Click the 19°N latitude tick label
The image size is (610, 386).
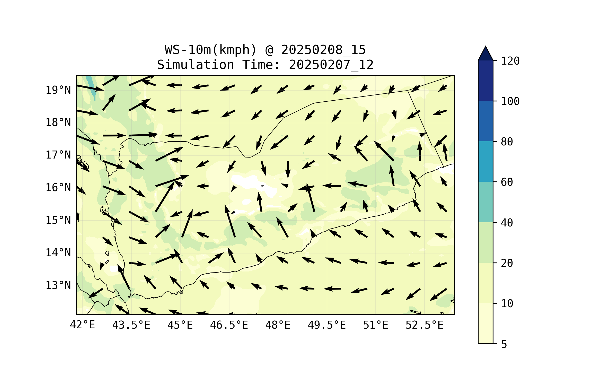tap(58, 90)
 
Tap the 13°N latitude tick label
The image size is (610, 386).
tap(58, 285)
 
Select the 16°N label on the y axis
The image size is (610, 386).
tap(58, 188)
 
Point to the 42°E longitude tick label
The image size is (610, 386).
tap(82, 325)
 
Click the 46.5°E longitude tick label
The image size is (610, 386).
tap(229, 325)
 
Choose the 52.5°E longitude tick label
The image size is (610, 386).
tap(425, 325)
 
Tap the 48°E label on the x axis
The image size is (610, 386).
tap(278, 325)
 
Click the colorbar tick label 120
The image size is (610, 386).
tap(510, 61)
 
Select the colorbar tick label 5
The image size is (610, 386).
tap(504, 344)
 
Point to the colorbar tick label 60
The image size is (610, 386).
tap(507, 182)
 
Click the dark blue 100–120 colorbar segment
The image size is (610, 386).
tap(485, 81)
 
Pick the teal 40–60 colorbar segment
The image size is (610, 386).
tap(485, 202)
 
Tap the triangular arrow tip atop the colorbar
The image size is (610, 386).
tap(485, 54)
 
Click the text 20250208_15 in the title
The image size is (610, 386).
tap(323, 50)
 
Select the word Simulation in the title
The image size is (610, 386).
tap(196, 65)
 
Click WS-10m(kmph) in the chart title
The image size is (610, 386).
tap(211, 50)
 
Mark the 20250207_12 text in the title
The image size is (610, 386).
tap(331, 65)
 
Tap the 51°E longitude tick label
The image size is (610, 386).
tap(376, 325)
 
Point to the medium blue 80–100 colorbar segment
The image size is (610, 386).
tap(485, 121)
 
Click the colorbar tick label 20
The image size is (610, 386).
tap(507, 263)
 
